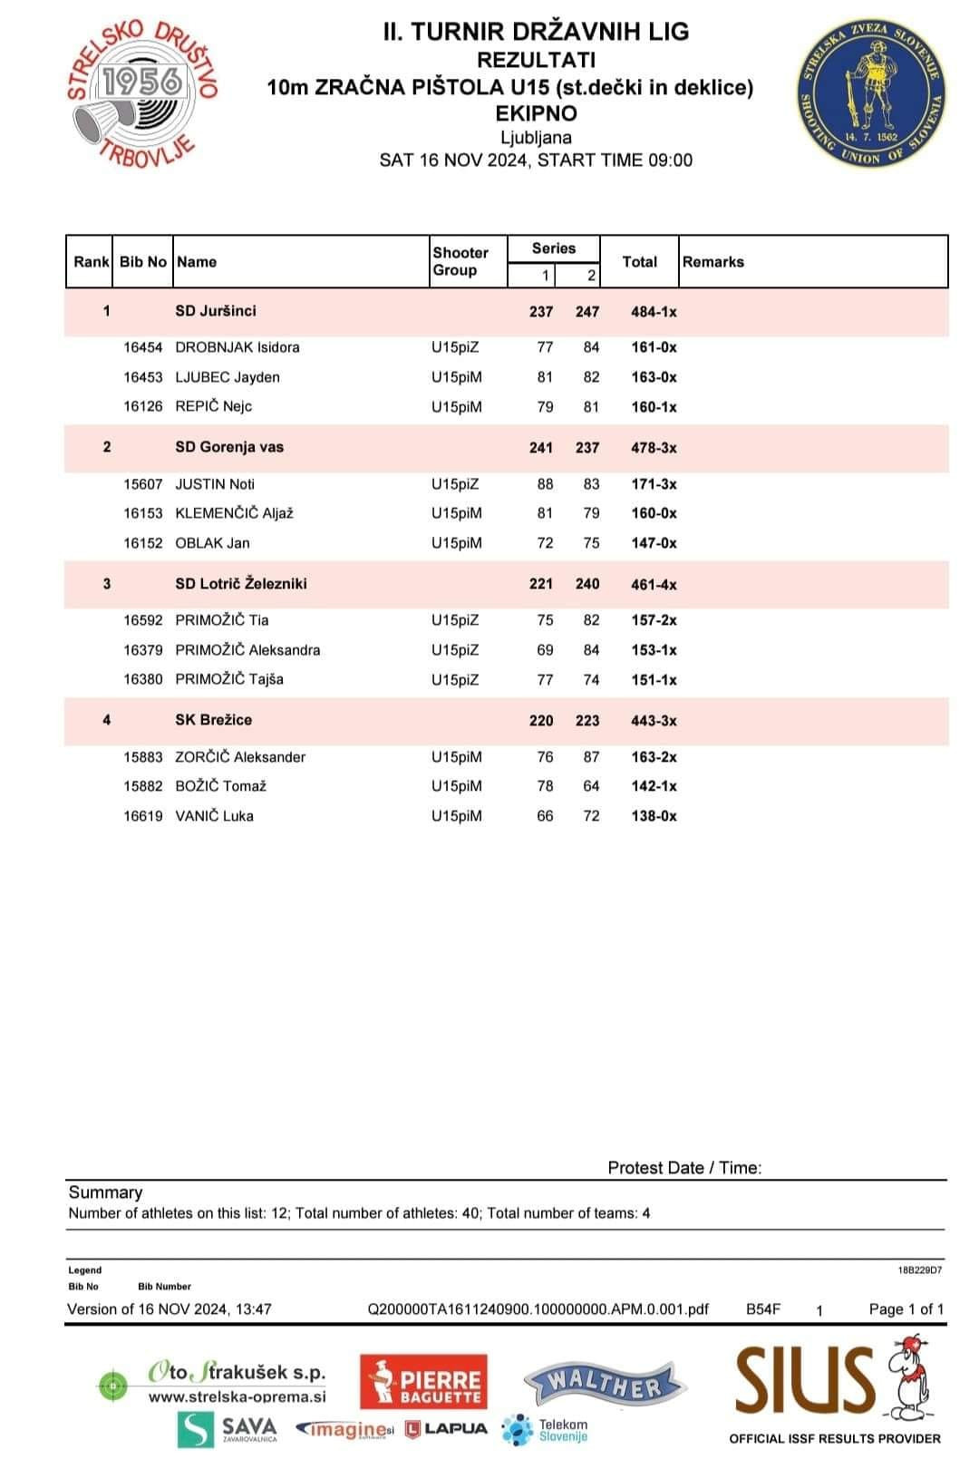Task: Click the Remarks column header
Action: [713, 262]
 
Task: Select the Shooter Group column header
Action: [460, 261]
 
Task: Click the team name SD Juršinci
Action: [216, 311]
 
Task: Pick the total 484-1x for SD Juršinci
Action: [654, 312]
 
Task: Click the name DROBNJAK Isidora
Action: [237, 347]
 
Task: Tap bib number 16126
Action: [143, 406]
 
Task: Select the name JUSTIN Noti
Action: [215, 484]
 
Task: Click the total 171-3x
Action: [654, 484]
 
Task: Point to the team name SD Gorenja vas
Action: [229, 447]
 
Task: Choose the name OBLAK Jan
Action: [212, 543]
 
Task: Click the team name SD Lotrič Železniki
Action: [241, 584]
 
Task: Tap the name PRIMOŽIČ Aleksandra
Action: [247, 650]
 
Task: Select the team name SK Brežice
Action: [214, 720]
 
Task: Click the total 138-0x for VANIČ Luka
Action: [654, 816]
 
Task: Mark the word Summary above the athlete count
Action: [105, 1192]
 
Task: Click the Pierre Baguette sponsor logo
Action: [423, 1382]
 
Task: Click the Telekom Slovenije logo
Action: [546, 1430]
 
